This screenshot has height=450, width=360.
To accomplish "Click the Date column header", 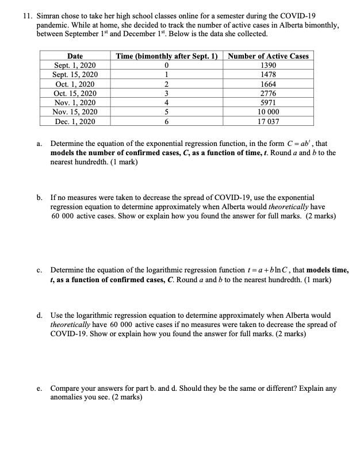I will pyautogui.click(x=75, y=56).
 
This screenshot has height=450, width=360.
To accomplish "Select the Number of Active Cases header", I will pyautogui.click(x=268, y=56).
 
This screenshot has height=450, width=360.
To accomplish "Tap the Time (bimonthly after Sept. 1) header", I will pyautogui.click(x=166, y=56).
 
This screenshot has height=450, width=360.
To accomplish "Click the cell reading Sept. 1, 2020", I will pyautogui.click(x=75, y=66).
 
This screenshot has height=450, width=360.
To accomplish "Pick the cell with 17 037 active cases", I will pyautogui.click(x=268, y=122).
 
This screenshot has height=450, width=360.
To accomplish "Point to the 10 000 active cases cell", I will pyautogui.click(x=268, y=112).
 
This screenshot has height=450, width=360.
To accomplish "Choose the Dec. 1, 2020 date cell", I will pyautogui.click(x=75, y=122).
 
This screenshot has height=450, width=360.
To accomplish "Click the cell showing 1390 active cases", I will pyautogui.click(x=268, y=66).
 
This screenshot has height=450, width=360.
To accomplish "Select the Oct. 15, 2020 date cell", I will pyautogui.click(x=75, y=94).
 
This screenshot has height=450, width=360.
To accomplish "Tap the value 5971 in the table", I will pyautogui.click(x=268, y=103).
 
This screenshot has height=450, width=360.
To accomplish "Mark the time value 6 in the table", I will pyautogui.click(x=166, y=122).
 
